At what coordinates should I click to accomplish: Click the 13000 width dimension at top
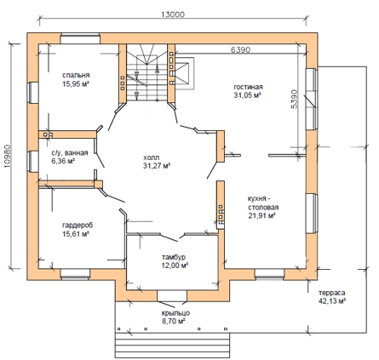[173, 14]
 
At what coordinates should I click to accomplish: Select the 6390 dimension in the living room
[240, 49]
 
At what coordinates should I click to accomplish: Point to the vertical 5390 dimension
[295, 99]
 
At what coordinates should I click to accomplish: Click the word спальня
[76, 75]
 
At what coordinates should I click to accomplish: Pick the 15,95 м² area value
[76, 84]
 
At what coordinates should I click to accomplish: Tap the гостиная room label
[248, 87]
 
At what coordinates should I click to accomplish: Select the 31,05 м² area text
[247, 95]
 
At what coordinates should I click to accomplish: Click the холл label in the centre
[152, 157]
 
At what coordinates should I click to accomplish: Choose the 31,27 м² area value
[157, 166]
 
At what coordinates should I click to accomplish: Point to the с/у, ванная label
[70, 153]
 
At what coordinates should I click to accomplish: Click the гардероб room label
[78, 226]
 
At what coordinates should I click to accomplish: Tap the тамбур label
[174, 257]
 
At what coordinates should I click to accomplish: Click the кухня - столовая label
[263, 203]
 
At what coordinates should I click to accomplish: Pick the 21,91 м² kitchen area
[261, 216]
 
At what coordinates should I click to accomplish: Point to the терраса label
[331, 293]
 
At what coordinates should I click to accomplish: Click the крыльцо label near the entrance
[175, 313]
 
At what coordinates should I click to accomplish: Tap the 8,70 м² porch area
[174, 322]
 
